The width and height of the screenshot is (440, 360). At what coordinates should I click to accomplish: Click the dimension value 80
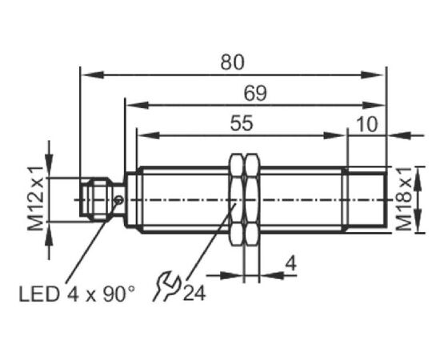(x=232, y=62)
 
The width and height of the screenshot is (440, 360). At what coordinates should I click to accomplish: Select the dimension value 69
(x=255, y=94)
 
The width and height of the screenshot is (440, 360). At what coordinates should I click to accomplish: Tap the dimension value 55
(x=242, y=123)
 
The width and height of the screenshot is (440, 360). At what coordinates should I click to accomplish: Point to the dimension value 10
(x=367, y=124)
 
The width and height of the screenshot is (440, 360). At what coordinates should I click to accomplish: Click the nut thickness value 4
(x=291, y=263)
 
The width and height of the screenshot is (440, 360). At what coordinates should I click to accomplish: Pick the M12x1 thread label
(x=36, y=198)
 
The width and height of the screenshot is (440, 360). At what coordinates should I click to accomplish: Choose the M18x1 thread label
(x=403, y=198)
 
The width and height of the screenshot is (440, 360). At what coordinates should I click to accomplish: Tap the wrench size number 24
(x=194, y=294)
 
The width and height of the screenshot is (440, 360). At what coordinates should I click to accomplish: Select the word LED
(x=39, y=294)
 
